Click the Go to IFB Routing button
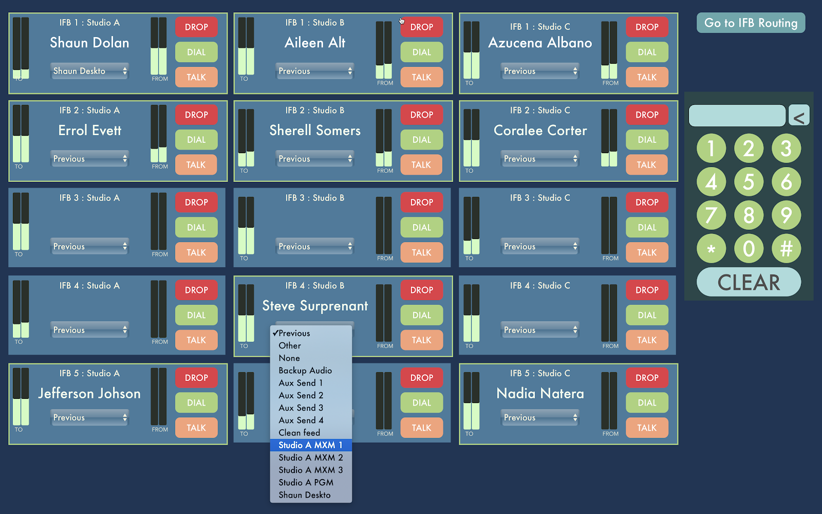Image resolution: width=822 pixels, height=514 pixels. [x=751, y=23]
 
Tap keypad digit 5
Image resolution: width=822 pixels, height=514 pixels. [x=749, y=181]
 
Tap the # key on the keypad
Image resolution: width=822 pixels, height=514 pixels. [x=786, y=249]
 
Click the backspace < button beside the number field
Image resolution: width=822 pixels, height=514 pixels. [x=798, y=116]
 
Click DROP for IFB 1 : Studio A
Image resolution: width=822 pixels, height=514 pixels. [x=196, y=27]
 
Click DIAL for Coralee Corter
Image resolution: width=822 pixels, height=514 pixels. [x=647, y=140]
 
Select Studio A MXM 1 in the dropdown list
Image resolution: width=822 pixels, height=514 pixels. [x=310, y=445]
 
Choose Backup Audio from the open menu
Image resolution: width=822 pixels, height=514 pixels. [x=305, y=371]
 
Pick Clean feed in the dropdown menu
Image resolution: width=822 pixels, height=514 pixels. [x=299, y=433]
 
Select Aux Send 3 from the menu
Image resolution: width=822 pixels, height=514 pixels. [x=301, y=408]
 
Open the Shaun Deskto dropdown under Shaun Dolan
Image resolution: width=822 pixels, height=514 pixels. [x=89, y=71]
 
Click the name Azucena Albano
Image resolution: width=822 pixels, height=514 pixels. [x=540, y=43]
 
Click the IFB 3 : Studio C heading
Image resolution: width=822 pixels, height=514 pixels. [x=540, y=198]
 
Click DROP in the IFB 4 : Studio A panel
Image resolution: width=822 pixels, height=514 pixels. [x=196, y=290]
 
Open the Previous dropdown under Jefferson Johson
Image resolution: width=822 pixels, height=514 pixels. [x=89, y=417]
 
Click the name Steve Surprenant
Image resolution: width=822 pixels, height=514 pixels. [x=315, y=306]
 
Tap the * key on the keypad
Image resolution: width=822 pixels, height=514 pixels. [x=711, y=249]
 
